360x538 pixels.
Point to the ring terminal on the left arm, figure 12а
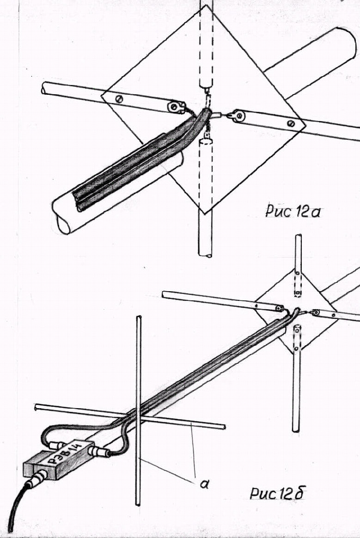point(175,107)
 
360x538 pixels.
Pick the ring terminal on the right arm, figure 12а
point(239,115)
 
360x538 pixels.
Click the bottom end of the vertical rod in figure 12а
point(205,253)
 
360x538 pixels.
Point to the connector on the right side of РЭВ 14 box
point(100,451)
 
